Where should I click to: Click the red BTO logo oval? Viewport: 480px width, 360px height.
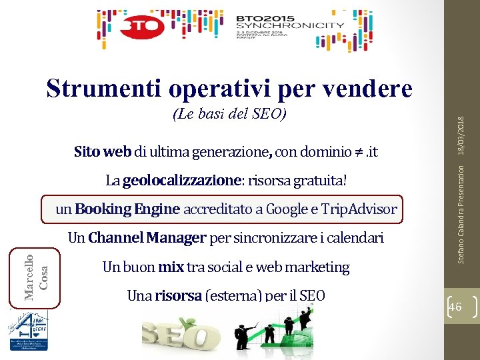pos(143,27)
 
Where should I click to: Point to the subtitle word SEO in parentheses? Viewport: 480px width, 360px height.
pos(267,114)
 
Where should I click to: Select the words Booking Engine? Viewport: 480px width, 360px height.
pos(127,209)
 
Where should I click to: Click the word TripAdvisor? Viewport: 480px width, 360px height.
pos(358,209)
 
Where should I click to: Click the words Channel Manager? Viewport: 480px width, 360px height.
pos(147,237)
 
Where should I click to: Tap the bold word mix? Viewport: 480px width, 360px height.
pos(171,267)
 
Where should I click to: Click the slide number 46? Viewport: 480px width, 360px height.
pos(456,306)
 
